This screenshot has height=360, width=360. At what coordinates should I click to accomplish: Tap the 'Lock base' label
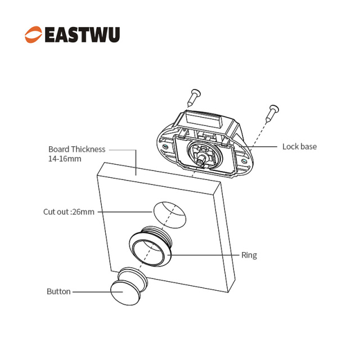(x=299, y=147)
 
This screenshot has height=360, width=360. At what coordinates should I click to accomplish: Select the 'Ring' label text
(x=249, y=255)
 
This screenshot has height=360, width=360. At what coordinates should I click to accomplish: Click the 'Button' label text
(x=58, y=291)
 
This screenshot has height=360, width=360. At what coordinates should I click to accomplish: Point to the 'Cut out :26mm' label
(x=69, y=212)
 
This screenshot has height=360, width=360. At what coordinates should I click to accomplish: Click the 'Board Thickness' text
(x=76, y=150)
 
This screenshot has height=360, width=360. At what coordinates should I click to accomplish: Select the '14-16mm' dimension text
(x=65, y=159)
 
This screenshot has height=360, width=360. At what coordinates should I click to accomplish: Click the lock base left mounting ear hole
(x=164, y=149)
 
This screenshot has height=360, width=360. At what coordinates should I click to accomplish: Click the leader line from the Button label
(x=90, y=292)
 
